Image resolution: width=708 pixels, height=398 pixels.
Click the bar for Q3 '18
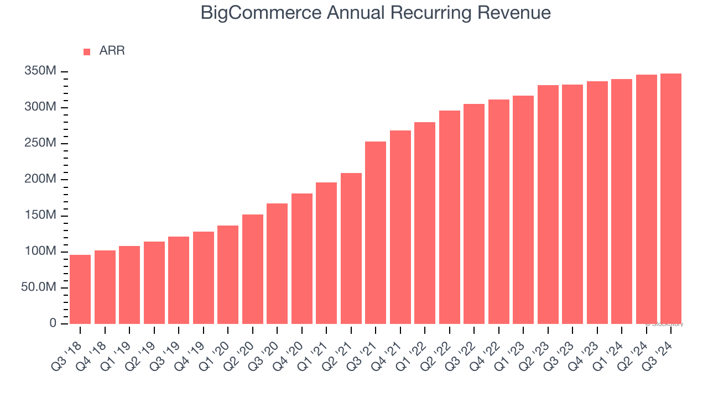[80, 289]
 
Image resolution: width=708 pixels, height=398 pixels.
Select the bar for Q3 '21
[376, 233]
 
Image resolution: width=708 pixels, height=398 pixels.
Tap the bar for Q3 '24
[671, 198]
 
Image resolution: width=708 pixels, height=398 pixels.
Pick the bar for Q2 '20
[253, 269]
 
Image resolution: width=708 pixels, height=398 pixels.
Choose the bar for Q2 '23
[548, 205]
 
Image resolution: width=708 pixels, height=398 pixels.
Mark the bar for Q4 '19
[204, 277]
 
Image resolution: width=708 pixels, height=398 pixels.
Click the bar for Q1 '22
[425, 223]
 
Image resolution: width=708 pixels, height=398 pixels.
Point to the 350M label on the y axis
[40, 71]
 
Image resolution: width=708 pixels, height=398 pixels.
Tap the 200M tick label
[40, 179]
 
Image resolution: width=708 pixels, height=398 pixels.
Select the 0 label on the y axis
[53, 323]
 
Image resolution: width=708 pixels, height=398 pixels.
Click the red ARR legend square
[87, 52]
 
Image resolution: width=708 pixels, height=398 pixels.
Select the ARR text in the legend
[112, 51]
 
